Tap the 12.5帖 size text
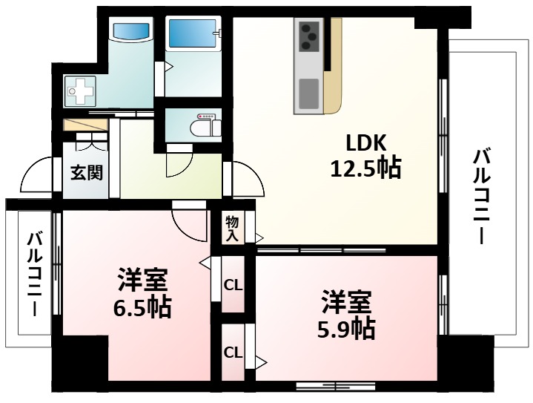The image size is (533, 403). pyautogui.click(x=365, y=169)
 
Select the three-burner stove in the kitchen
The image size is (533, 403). pyautogui.click(x=309, y=34)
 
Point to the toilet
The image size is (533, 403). pyautogui.click(x=206, y=126)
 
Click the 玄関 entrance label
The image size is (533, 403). pyautogui.click(x=86, y=173)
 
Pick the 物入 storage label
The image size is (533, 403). pyautogui.click(x=232, y=228)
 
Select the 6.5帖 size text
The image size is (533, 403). pyautogui.click(x=143, y=307)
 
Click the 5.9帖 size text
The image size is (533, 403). pyautogui.click(x=346, y=327)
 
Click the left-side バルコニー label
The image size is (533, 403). pyautogui.click(x=34, y=275)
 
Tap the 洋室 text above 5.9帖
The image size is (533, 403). pyautogui.click(x=346, y=302)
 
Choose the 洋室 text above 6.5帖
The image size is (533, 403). pyautogui.click(x=143, y=281)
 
